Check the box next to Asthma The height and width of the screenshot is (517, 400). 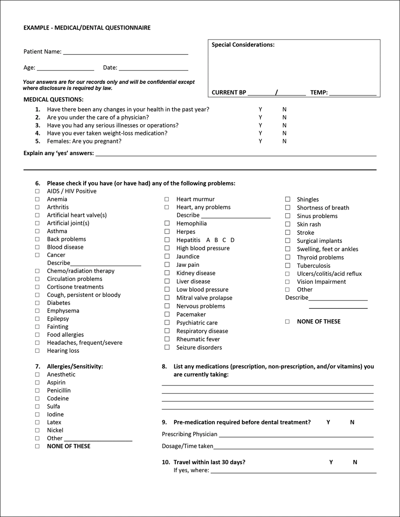(37, 231)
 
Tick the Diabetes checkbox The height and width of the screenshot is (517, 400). (37, 303)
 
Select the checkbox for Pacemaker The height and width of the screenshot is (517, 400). (167, 314)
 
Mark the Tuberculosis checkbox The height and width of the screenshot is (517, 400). (288, 266)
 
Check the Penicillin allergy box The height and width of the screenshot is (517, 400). (37, 390)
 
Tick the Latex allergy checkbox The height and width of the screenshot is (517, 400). (37, 422)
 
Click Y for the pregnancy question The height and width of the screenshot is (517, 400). (260, 141)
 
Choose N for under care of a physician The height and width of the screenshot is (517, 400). (284, 117)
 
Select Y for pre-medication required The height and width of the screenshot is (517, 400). (328, 422)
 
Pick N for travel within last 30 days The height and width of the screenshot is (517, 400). (355, 462)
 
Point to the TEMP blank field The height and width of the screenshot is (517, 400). (352, 93)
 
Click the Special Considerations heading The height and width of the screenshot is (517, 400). (243, 45)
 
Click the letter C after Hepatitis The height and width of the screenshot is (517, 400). (224, 240)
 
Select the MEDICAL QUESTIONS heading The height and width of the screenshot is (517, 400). (53, 99)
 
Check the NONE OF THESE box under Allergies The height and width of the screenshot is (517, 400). (37, 446)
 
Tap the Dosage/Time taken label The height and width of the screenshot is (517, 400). (187, 446)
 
